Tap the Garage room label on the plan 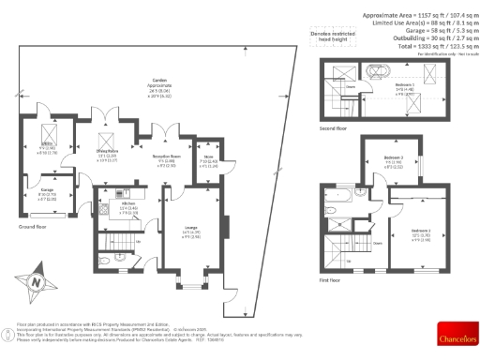[x=47, y=192]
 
